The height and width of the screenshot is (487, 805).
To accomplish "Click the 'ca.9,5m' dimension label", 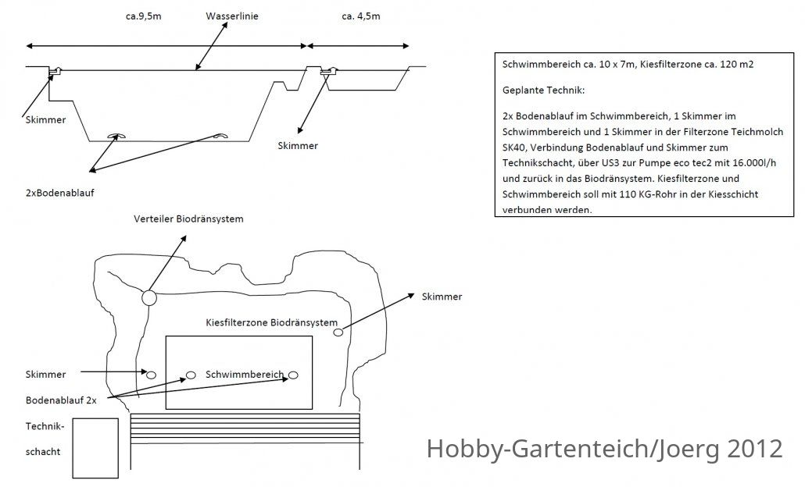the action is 143,16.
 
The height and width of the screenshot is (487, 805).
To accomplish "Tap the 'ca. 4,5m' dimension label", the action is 361,16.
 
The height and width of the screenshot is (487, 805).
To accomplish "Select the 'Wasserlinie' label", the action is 232,16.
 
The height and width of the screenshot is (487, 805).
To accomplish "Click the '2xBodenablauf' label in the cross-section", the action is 60,194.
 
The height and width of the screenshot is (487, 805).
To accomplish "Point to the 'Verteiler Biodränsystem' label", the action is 188,219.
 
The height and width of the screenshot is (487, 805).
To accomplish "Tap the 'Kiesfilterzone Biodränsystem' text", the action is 271,322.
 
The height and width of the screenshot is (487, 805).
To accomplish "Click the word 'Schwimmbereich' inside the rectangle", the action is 245,374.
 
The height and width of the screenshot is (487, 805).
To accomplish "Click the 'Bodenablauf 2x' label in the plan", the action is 61,400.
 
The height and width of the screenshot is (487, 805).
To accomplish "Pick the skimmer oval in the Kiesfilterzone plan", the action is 338,332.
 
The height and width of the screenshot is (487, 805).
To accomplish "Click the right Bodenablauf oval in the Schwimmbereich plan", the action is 293,375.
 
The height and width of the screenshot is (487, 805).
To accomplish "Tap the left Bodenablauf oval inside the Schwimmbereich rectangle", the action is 191,375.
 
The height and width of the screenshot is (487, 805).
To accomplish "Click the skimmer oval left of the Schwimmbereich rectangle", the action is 151,375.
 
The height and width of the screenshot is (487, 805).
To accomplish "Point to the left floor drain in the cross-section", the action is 116,136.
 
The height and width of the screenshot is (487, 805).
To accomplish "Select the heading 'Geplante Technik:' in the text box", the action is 544,91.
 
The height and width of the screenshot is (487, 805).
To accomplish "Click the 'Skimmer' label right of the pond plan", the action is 442,297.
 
